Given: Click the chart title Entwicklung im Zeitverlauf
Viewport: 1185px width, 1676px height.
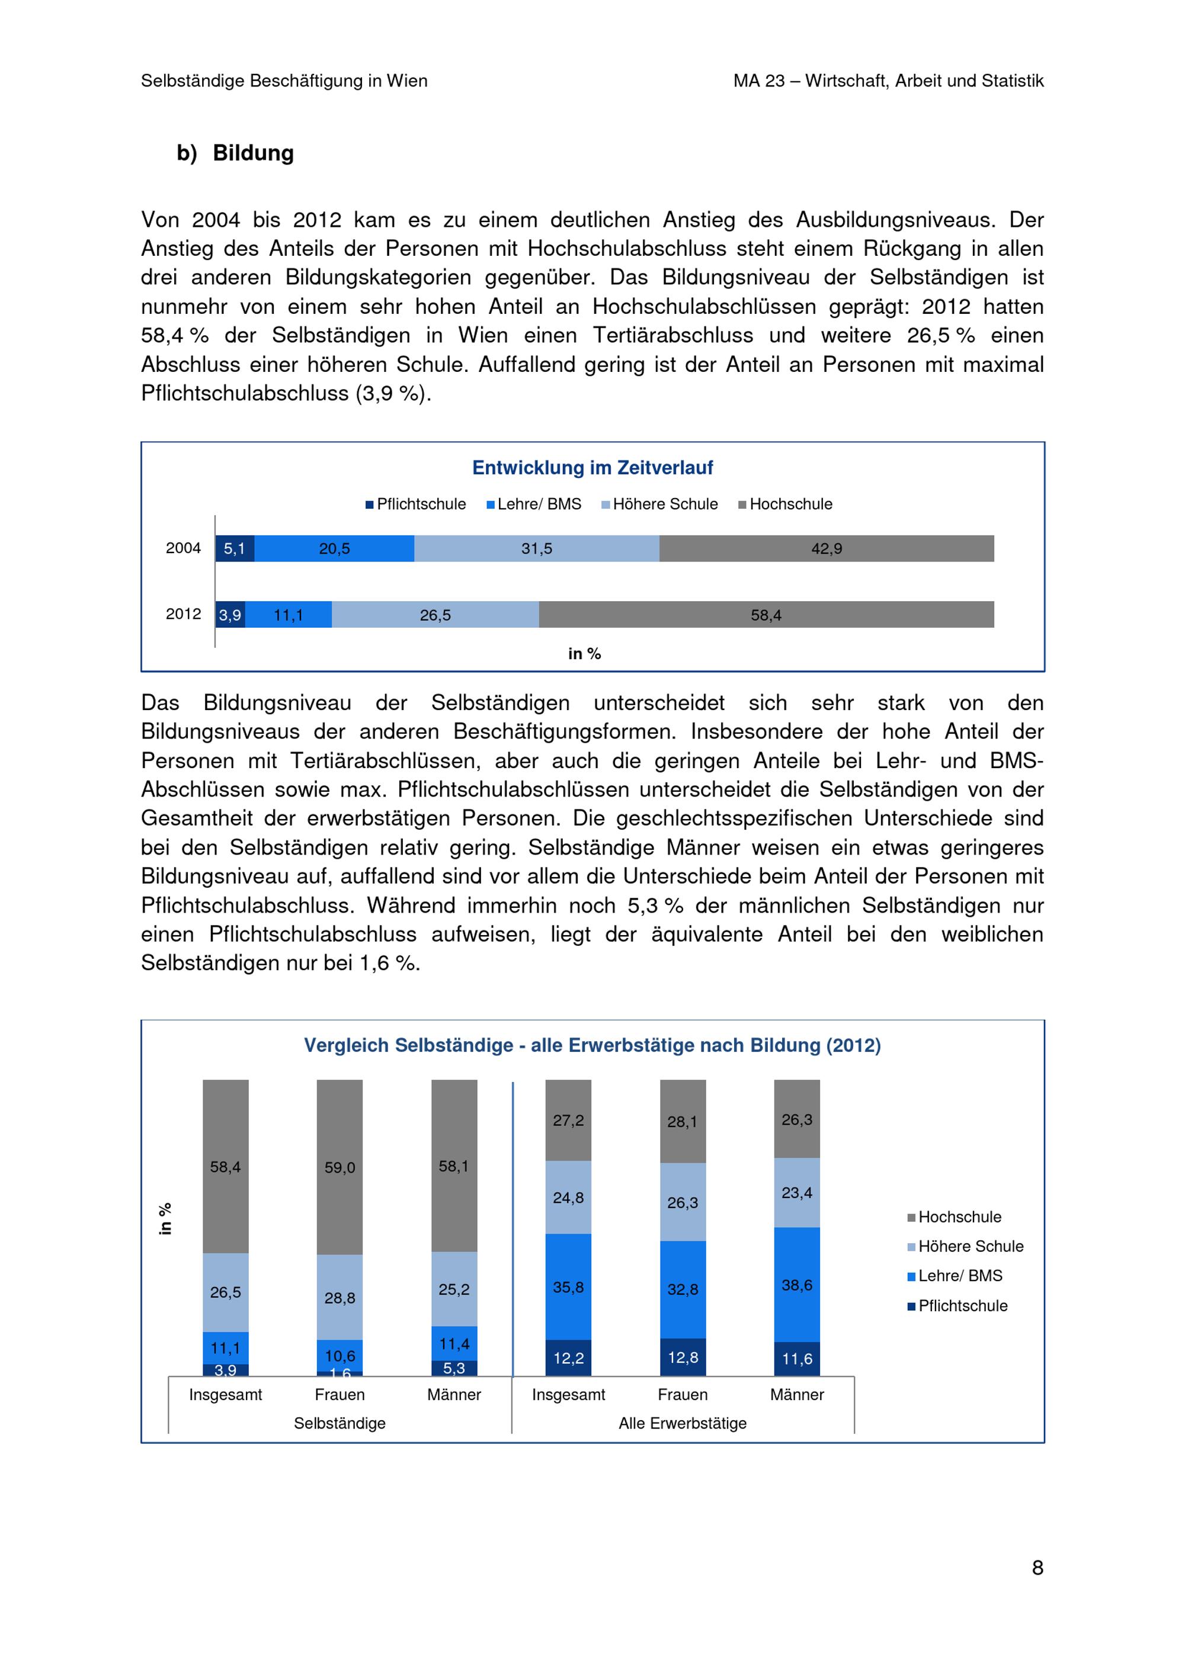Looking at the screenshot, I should [592, 468].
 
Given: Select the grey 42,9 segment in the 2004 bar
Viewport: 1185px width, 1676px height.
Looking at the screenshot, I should [826, 548].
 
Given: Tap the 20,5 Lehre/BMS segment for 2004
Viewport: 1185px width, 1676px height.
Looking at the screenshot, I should [334, 548].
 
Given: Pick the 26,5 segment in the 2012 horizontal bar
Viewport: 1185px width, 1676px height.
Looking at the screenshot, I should [435, 615].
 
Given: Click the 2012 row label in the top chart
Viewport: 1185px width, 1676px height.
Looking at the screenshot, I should [183, 614].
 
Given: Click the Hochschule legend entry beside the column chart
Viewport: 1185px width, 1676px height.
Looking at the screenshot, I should [958, 1217].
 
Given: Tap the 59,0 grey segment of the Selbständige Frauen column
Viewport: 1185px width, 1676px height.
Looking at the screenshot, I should [340, 1168].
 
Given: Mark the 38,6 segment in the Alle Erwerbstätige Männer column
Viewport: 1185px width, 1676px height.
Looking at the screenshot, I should [796, 1285].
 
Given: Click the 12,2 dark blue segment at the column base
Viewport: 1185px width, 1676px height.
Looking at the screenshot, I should [568, 1358].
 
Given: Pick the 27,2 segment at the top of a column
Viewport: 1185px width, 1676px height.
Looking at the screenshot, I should [568, 1120].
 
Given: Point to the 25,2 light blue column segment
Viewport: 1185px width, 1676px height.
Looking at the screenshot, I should [454, 1289].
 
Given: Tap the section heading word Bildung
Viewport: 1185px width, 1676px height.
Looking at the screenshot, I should [254, 153].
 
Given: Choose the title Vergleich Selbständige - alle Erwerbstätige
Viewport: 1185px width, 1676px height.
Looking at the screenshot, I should [592, 1045].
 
